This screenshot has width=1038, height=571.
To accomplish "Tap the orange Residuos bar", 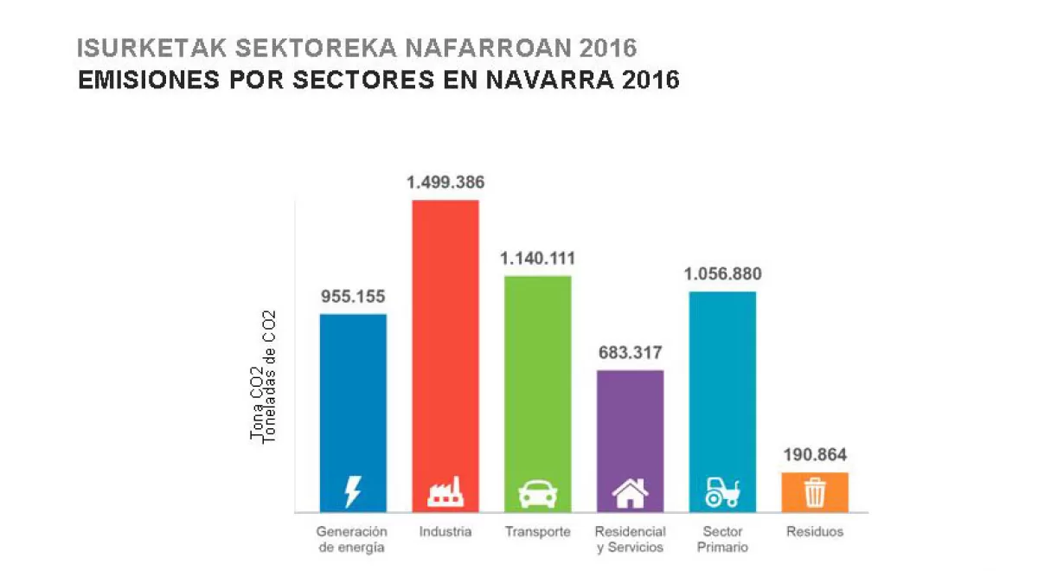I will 815,491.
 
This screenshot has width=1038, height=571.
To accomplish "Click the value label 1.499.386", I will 445,183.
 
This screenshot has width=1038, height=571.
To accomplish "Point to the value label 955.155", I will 353,297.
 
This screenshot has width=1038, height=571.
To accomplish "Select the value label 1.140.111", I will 537,259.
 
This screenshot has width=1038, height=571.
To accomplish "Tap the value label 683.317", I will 630,352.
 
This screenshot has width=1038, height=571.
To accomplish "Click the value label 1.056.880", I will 722,274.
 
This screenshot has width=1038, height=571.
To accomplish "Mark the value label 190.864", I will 815,455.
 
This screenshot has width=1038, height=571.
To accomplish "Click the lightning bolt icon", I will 353,492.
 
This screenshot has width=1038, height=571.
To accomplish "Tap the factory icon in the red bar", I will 445,493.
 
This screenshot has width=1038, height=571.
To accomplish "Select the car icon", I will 537,494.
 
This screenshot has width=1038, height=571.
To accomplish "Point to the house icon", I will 630,493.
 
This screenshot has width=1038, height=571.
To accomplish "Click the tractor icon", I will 722,493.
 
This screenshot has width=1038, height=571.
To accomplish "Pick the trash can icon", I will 815,493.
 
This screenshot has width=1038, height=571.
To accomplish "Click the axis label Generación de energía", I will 351,539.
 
